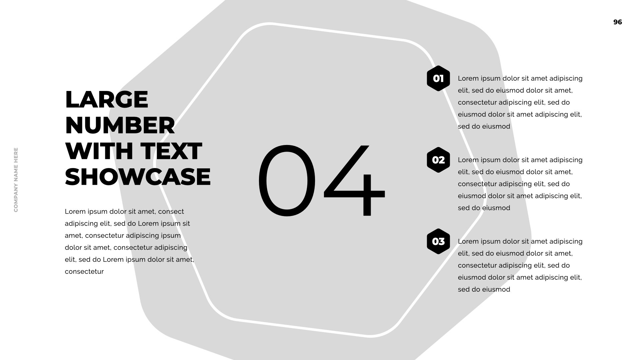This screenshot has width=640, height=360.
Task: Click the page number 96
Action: coord(618,22)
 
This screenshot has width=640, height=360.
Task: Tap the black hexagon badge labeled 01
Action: coord(438,78)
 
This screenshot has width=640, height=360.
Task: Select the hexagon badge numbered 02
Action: coord(438,160)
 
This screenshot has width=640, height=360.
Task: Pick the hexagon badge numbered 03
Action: coord(438,241)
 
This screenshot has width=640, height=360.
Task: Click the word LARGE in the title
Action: coord(107,99)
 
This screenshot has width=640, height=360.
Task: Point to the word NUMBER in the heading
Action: coord(120,125)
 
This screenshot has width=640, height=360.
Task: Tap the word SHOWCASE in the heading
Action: coord(138,177)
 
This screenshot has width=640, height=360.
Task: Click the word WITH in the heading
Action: coord(100,151)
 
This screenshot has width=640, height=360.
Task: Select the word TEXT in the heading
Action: coord(171,151)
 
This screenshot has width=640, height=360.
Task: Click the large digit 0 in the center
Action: coord(287,180)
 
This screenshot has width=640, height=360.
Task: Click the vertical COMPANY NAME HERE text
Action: coord(16,180)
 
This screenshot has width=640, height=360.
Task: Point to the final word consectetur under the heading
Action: coord(84,272)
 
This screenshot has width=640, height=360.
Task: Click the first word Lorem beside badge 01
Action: coord(468,78)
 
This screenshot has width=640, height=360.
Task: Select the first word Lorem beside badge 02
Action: coord(468,160)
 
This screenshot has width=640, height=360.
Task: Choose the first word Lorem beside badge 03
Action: coord(468,241)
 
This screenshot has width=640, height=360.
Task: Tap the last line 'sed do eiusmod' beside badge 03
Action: coord(484,289)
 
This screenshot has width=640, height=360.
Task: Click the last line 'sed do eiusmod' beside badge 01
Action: coord(484,126)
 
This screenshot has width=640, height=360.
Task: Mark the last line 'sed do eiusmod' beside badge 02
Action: coord(484,208)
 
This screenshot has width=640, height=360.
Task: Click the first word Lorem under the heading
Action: coord(75,212)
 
